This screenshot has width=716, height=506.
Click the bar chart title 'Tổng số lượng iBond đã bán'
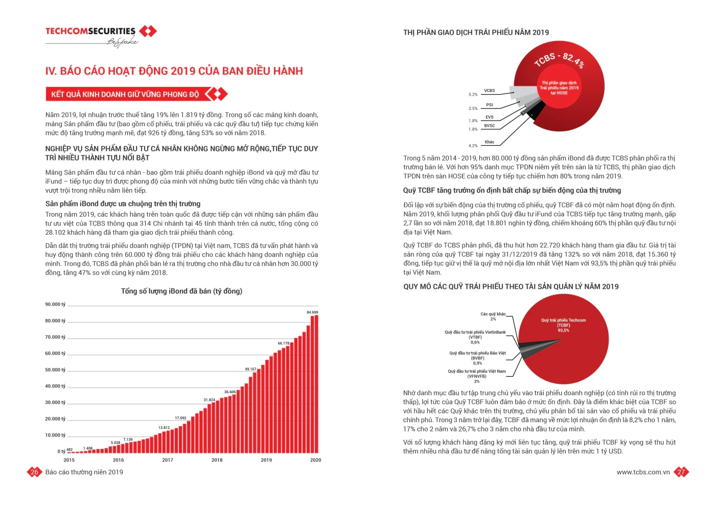click(181, 291)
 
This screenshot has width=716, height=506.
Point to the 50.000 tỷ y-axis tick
click(55, 370)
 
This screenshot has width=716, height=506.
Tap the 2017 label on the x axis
click(168, 460)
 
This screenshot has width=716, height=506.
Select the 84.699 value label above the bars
click(312, 312)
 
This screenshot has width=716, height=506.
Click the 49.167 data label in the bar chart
click(250, 369)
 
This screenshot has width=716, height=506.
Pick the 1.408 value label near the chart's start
click(88, 448)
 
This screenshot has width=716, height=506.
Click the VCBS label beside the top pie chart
click(489, 90)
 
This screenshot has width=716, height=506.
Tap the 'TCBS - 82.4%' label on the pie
click(559, 59)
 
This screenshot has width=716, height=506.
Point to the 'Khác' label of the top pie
click(489, 142)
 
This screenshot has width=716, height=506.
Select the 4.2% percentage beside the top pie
click(473, 146)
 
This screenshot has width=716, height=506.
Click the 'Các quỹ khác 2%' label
click(493, 316)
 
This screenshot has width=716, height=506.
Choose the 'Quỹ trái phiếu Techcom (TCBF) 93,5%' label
click(563, 325)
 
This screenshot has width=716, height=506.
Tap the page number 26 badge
click(34, 472)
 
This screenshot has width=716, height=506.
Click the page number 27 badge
click(681, 472)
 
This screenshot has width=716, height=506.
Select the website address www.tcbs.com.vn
click(643, 472)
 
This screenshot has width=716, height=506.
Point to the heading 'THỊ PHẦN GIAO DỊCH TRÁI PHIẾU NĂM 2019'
click(476, 33)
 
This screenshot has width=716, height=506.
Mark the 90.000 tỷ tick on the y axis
click(55, 305)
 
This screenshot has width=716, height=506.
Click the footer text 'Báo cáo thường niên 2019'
click(84, 472)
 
